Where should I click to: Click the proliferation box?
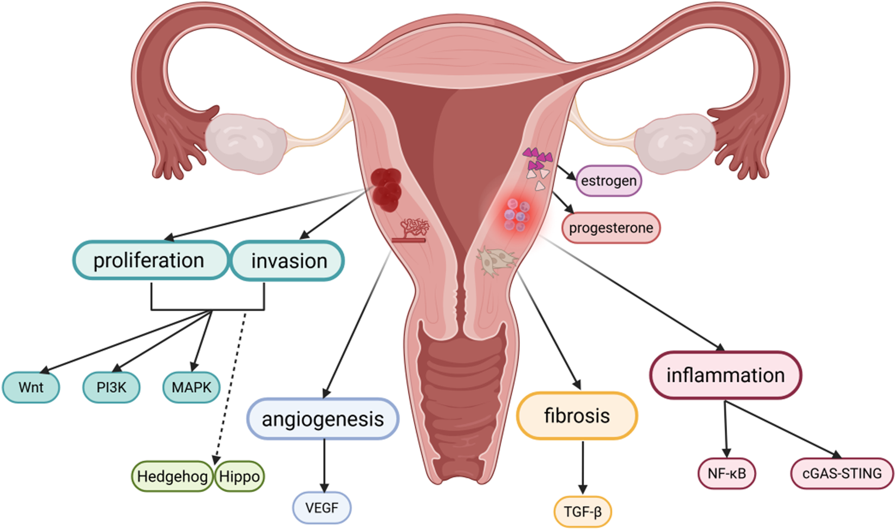[x=150, y=260]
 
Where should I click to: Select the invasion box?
[x=288, y=261]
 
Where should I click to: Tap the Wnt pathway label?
[x=31, y=388]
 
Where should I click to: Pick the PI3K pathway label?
[x=111, y=388]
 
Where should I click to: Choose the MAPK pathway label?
[x=191, y=388]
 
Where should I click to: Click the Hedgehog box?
[x=172, y=476]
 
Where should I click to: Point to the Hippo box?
[x=239, y=476]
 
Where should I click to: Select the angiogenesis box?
[x=323, y=419]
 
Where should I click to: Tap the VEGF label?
[x=322, y=508]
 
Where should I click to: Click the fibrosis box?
[x=577, y=416]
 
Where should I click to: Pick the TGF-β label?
[x=583, y=512]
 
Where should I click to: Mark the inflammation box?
[x=725, y=375]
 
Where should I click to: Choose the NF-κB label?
[x=727, y=474]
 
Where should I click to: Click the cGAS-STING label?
[x=842, y=474]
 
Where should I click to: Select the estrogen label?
[x=609, y=181]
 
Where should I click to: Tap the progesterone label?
[x=611, y=228]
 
